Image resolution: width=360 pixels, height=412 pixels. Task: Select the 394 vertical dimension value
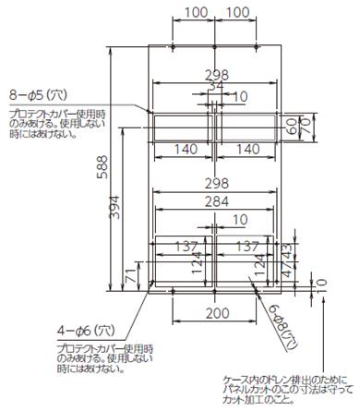pos(115,209)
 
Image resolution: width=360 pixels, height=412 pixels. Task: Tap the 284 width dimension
pos(214,202)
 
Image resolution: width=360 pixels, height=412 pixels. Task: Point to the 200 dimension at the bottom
pos(214,314)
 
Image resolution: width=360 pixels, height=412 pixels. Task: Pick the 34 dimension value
pos(214,85)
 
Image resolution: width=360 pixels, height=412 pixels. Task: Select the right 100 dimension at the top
pos(237,12)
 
